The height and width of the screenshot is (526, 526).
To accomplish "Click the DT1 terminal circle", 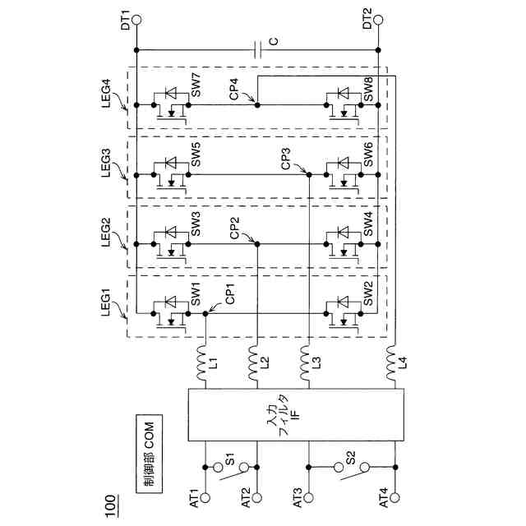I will pyautogui.click(x=136, y=17).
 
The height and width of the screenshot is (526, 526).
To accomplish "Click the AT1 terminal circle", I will pyautogui.click(x=205, y=498).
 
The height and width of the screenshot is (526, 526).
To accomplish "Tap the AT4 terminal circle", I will pyautogui.click(x=397, y=498).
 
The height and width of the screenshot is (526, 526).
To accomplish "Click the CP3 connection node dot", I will pyautogui.click(x=308, y=174).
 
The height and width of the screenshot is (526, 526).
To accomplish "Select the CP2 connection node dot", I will pyautogui.click(x=257, y=243).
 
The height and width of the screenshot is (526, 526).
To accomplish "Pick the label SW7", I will pyautogui.click(x=196, y=85).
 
